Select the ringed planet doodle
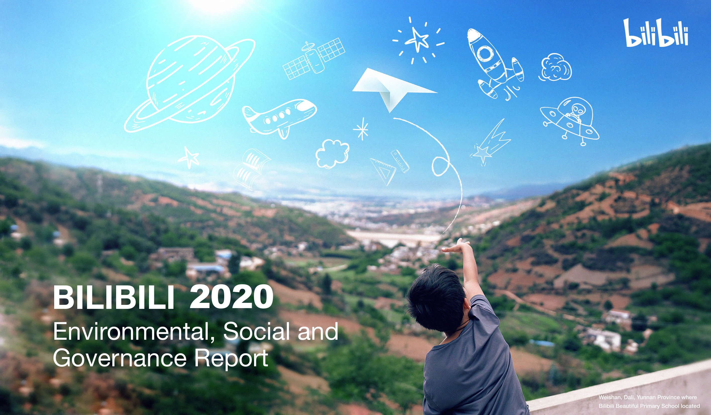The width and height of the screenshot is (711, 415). pyautogui.click(x=190, y=84)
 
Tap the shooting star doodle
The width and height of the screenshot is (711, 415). pyautogui.click(x=490, y=143)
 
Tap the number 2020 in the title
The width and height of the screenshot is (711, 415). pyautogui.click(x=231, y=297)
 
